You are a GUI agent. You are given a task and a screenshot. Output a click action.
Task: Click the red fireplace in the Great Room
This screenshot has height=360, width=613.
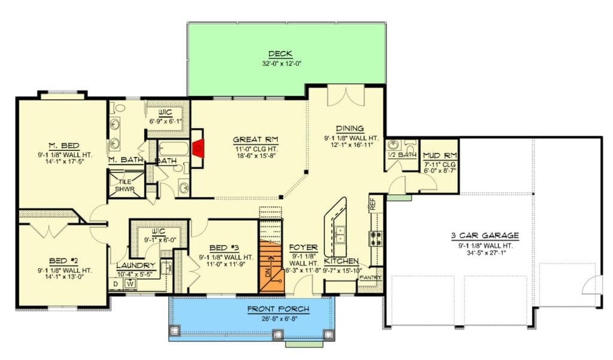coord(199,149)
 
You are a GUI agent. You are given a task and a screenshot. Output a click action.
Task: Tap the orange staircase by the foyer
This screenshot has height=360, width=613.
coord(271,266)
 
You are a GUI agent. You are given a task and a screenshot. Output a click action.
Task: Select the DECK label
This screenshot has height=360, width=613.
coord(280,54)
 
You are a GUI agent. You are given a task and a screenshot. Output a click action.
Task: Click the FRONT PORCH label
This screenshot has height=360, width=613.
coord(278,310)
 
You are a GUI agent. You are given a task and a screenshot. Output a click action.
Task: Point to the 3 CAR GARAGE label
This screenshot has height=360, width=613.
coord(485,235)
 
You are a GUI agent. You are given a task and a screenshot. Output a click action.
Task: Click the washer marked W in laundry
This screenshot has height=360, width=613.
coord(131,284)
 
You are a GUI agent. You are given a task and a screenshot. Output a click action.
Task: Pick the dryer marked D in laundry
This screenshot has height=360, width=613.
coord(116,284)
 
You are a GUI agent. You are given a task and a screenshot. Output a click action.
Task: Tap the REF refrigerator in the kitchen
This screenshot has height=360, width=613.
coord(373,204)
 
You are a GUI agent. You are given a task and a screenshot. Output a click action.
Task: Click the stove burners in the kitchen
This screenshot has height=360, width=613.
coord(375,238)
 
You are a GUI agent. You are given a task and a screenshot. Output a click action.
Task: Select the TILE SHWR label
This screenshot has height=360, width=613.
coord(125,186)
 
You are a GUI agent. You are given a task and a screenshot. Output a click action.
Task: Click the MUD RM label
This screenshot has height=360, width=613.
coord(440,156)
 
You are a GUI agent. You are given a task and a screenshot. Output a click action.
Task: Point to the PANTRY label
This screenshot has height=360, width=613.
coord(370,277)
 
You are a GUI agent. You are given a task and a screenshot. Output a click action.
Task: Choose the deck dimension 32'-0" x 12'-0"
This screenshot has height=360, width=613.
coord(282,63)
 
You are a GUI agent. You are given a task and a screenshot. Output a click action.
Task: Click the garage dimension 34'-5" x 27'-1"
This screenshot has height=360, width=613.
coord(485,252)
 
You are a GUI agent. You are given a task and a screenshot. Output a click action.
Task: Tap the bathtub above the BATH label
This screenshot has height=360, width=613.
coord(173,149)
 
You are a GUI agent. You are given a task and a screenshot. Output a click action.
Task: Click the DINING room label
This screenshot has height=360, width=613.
coord(350,128)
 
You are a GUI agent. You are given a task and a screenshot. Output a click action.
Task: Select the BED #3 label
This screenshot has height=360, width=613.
coord(224,248)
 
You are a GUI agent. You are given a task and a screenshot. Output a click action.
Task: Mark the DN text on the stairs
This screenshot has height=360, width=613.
coord(268,273)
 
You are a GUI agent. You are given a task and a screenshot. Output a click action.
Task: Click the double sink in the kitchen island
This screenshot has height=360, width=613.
coord(341,235)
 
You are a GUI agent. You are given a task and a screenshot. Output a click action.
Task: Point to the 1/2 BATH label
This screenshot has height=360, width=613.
coord(402,155)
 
